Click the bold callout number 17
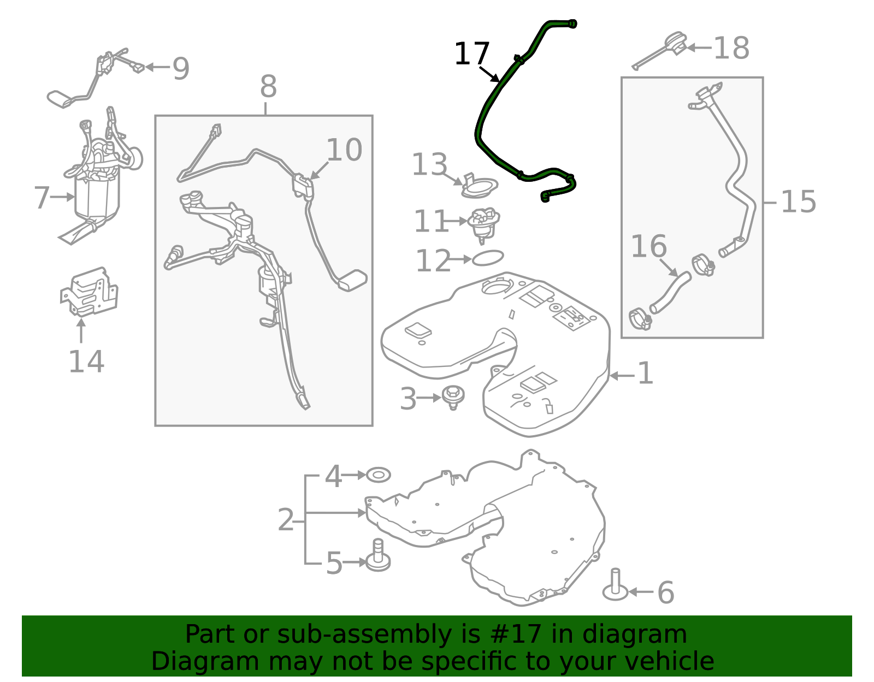click(471, 54)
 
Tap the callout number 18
click(731, 48)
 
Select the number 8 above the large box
click(268, 86)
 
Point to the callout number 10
click(344, 150)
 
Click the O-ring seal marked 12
click(487, 258)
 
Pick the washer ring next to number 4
click(378, 475)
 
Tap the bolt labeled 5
click(378, 555)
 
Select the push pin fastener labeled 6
click(615, 585)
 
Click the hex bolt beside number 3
click(453, 398)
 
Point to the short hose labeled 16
click(670, 293)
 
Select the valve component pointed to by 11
click(483, 225)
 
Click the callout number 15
click(798, 201)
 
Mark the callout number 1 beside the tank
click(645, 373)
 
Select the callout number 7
click(42, 198)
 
